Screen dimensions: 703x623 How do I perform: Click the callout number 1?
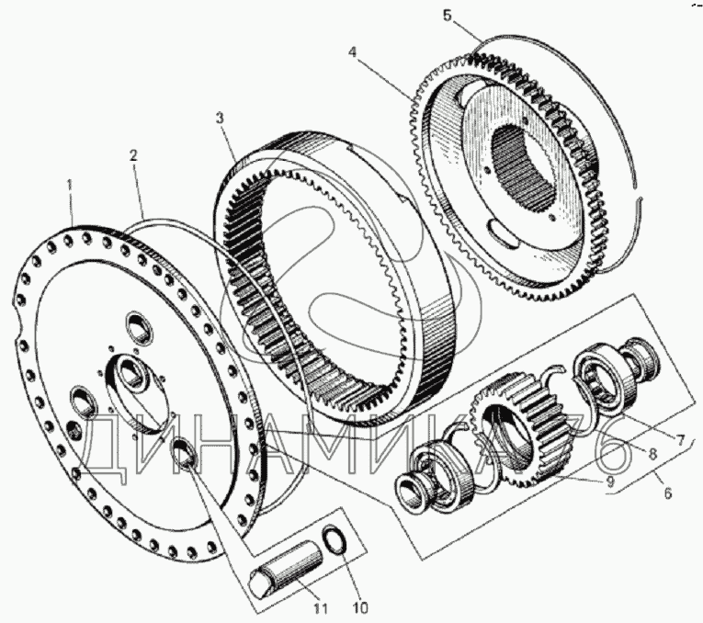70,185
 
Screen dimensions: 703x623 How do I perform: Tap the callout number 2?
132,155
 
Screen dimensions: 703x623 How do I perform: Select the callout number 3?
220,119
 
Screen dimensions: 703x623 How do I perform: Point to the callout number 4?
353,52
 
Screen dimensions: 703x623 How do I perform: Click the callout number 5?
447,16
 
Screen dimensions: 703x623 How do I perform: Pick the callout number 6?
667,493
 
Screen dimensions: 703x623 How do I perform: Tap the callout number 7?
681,440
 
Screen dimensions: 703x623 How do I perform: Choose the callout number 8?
652,454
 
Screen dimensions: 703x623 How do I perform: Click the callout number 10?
360,608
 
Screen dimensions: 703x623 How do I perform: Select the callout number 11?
321,609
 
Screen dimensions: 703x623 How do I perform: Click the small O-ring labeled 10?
334,538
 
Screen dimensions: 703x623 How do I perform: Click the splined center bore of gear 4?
525,167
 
